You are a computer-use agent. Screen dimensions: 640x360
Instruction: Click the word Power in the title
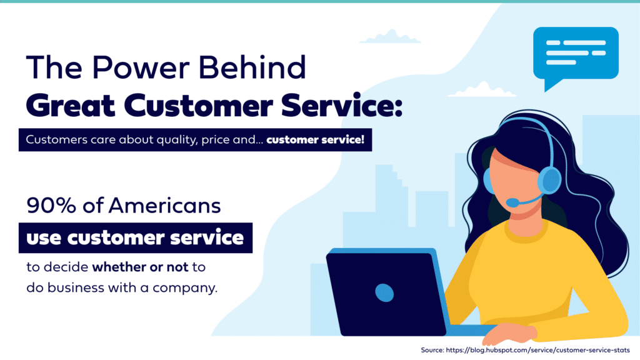tap(141, 67)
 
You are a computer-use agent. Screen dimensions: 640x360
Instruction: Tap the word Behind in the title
tap(252, 67)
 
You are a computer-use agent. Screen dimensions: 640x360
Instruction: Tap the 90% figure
tap(51, 205)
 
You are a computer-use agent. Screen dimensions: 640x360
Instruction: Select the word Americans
tap(164, 205)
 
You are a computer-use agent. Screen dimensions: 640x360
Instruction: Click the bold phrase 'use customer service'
tap(135, 238)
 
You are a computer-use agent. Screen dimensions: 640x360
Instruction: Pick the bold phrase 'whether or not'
tap(140, 267)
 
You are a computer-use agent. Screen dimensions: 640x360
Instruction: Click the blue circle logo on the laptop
tap(384, 292)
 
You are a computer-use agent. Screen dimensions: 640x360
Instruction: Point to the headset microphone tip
tap(512, 202)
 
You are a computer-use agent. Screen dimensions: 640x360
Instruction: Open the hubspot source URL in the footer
tap(538, 350)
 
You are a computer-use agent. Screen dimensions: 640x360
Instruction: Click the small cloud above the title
tap(390, 37)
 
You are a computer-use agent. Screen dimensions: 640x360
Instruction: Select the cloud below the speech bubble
tap(482, 90)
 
